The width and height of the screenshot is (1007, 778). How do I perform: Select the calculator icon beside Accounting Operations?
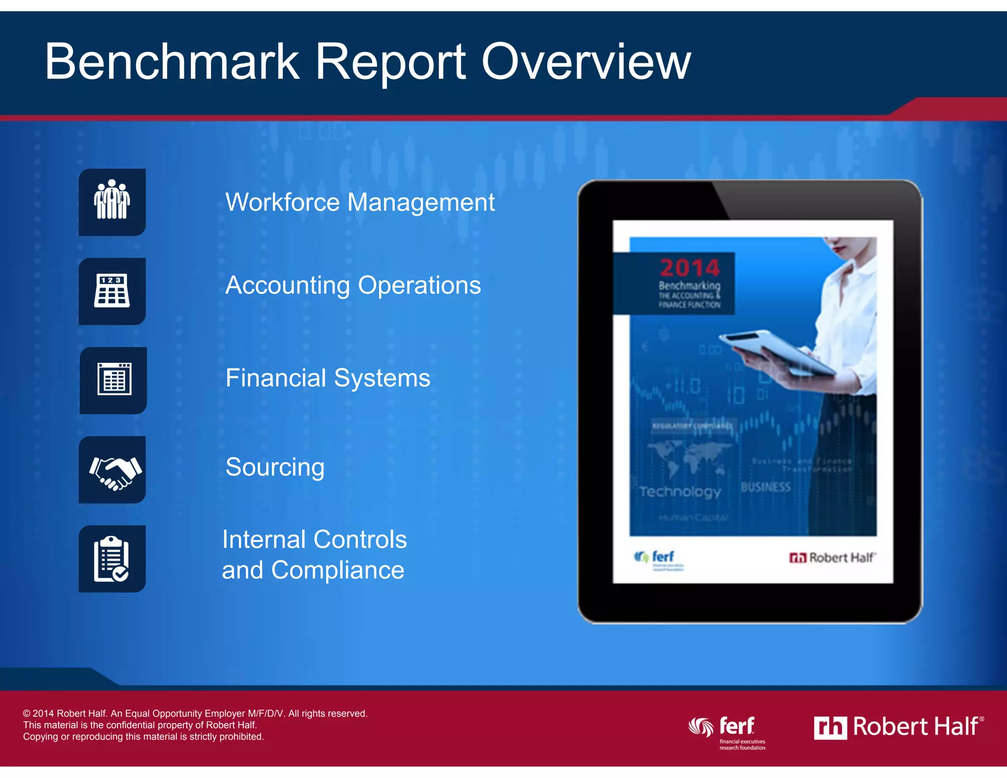112,291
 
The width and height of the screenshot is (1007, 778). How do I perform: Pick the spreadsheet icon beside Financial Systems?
114,380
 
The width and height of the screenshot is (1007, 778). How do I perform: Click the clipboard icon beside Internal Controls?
112,559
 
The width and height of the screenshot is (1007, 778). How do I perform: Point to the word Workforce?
282,202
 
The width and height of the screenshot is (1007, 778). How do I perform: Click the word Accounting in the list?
288,286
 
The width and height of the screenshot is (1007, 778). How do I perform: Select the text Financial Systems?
327,378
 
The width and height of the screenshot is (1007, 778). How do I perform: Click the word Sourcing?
275,467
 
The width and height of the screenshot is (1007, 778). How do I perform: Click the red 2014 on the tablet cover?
689,268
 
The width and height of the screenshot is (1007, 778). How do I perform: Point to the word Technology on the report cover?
680,492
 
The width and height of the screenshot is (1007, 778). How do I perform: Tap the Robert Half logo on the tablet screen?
832,558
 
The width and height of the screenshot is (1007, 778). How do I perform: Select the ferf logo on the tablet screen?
655,558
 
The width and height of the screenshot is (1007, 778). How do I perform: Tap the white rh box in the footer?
830,728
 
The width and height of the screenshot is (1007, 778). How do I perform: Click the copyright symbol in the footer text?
27,714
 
